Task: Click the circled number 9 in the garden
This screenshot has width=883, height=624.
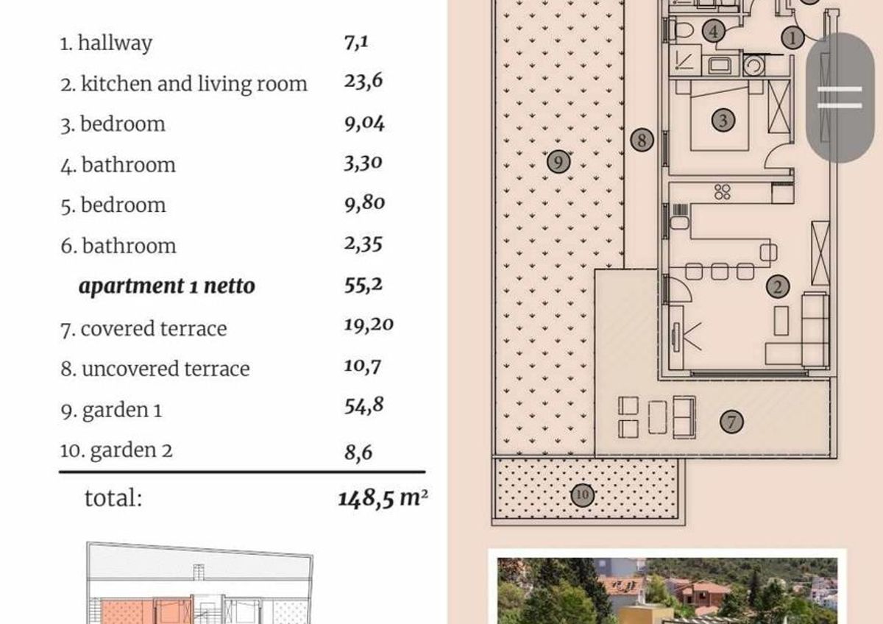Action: pos(558,162)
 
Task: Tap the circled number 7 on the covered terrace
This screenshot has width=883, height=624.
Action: pos(731,422)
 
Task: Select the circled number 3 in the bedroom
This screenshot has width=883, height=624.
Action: pos(723,120)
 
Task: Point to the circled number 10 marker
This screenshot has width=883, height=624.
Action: pos(583,494)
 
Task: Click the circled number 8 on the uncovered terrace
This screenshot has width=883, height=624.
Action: pos(642,140)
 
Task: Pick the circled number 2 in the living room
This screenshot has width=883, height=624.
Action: pos(778,286)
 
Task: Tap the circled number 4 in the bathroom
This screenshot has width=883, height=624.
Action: pos(714,31)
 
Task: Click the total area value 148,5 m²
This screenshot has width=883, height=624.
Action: pos(383,497)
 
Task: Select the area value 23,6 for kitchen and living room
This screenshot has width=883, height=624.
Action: pos(363,81)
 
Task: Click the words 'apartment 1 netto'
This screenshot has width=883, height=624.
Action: pos(167,286)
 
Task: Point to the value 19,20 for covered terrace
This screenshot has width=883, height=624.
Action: pos(369,325)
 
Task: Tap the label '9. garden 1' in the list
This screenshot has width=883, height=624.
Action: pos(112,410)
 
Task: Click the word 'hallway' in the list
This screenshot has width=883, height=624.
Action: pos(115,43)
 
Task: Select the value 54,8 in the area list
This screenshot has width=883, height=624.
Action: pos(364,405)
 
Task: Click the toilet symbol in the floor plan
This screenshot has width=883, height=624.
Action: pos(683,29)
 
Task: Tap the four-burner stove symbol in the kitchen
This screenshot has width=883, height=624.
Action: pos(722,192)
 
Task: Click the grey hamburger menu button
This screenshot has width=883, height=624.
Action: pos(840,97)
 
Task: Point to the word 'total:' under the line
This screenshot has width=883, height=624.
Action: pos(113,498)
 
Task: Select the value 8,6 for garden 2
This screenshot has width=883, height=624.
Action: pos(358,452)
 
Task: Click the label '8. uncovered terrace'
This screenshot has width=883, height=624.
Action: pos(155,369)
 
